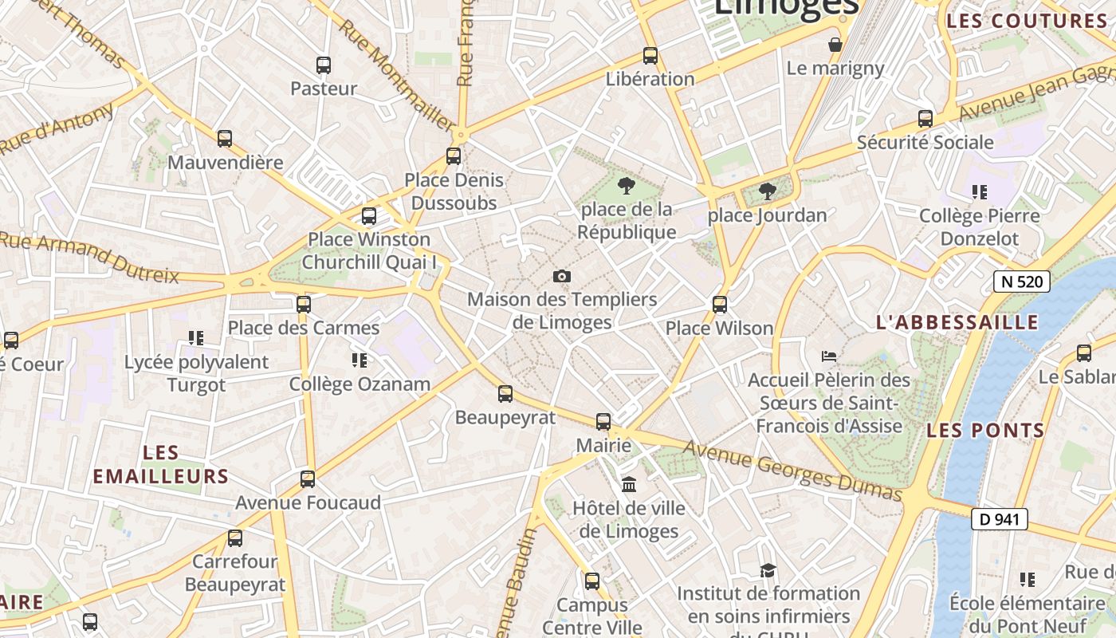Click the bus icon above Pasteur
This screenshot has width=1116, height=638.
[x=323, y=65]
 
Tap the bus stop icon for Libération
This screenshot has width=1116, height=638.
[x=650, y=56]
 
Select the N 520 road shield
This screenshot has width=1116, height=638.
[x=1021, y=281]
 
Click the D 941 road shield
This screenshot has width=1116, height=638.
[x=999, y=519]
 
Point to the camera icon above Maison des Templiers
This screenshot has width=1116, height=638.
[x=562, y=276]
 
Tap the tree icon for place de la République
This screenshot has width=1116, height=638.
[x=627, y=187]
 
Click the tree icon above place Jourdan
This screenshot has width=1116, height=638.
[x=767, y=191]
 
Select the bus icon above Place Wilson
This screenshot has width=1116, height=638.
[x=720, y=305]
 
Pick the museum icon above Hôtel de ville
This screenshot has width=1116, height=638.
[x=629, y=484]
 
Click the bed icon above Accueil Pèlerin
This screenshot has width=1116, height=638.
[x=829, y=356]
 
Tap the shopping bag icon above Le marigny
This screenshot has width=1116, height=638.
[x=835, y=45]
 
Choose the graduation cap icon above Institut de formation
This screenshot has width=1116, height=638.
[x=768, y=570]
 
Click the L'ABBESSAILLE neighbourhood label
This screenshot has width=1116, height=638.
[x=957, y=322]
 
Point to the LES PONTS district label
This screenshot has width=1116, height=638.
[x=985, y=431]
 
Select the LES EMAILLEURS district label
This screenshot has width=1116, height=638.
[x=161, y=464]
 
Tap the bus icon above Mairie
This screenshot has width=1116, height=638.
[x=603, y=422]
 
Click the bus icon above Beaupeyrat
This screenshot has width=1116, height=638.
[x=505, y=393]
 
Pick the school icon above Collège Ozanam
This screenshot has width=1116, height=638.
[x=360, y=360]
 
